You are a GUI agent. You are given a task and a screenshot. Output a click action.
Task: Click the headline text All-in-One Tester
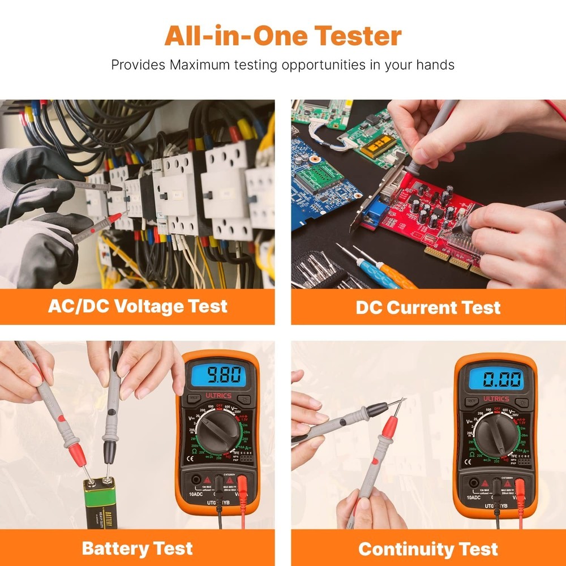pos(283,36)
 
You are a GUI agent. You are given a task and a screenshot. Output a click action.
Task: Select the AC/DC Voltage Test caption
pos(138,306)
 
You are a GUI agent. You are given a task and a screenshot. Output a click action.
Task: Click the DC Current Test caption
pos(428,307)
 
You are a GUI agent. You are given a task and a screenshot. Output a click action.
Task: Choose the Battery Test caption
pos(138,548)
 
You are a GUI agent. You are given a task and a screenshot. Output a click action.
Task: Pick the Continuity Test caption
pos(428,548)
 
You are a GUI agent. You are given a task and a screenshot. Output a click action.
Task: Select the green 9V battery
pos(99,504)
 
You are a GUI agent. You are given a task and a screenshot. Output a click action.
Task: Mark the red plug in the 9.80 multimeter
pos(242,486)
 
